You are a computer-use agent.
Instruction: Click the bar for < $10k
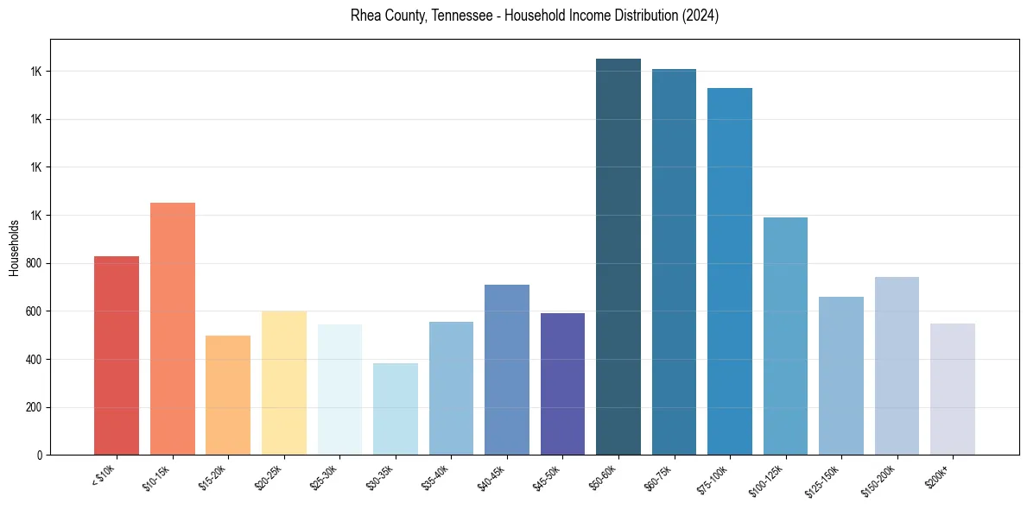tap(117, 355)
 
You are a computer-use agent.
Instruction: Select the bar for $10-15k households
tap(173, 329)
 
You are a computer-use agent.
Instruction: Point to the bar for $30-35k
tap(396, 409)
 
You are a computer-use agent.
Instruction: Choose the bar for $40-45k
tap(507, 369)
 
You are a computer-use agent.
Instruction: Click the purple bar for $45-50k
tap(562, 384)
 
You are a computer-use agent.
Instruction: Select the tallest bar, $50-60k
tap(618, 257)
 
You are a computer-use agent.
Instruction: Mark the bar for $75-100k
tap(730, 271)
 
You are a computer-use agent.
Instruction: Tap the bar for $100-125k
tap(785, 336)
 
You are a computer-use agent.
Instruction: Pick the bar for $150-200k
tap(897, 366)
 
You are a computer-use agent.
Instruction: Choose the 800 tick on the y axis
tap(34, 263)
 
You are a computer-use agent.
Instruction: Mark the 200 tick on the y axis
tap(34, 407)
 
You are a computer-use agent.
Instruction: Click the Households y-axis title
tap(15, 248)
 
